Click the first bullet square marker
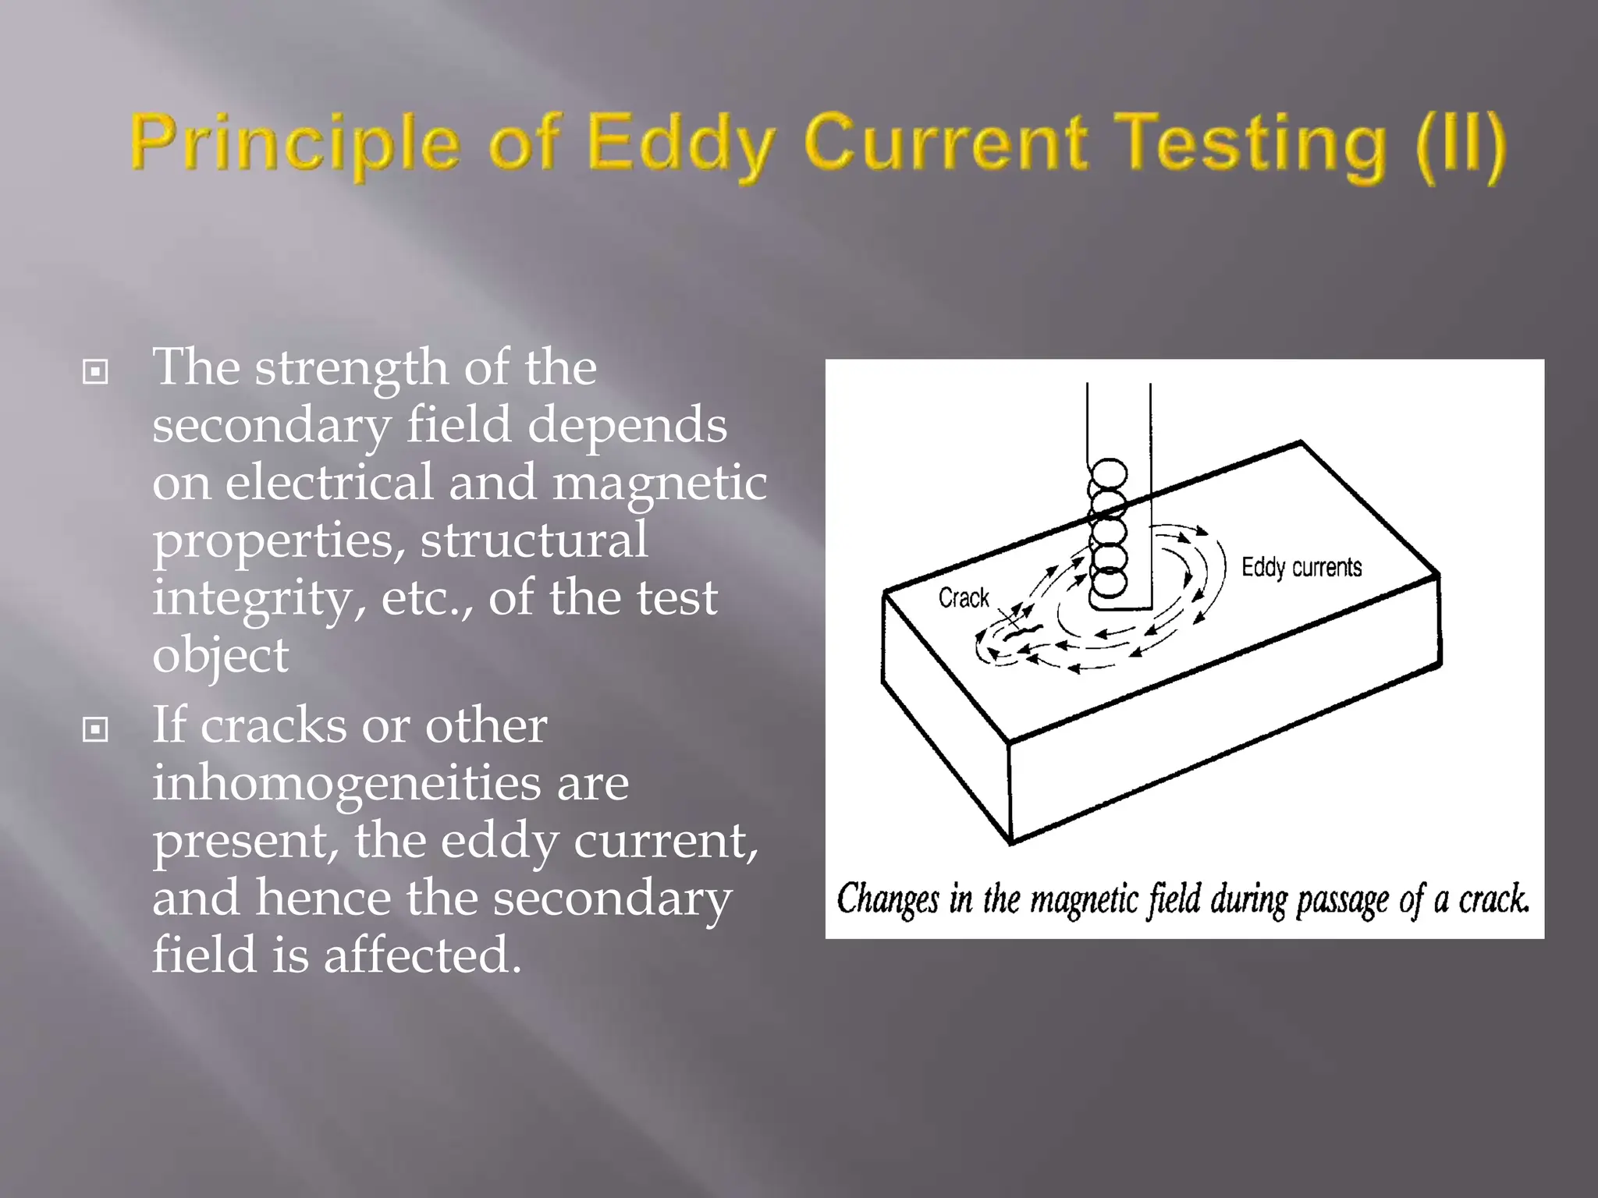click(95, 372)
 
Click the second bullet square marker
click(95, 730)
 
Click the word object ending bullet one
click(220, 655)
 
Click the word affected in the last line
click(422, 955)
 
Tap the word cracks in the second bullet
click(273, 725)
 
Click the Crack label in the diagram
click(964, 598)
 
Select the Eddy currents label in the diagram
click(1301, 567)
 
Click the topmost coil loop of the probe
click(1109, 473)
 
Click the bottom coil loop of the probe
click(1109, 582)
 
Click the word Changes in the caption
click(887, 899)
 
